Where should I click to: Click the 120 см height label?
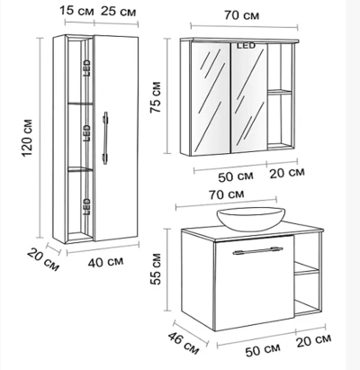pyautogui.click(x=27, y=138)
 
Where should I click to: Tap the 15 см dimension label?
pyautogui.click(x=76, y=11)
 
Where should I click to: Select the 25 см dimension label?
pyautogui.click(x=118, y=12)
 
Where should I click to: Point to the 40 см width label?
pyautogui.click(x=105, y=262)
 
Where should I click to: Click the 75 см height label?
pyautogui.click(x=156, y=97)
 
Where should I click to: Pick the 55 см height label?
pyautogui.click(x=156, y=269)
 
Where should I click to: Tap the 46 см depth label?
pyautogui.click(x=184, y=343)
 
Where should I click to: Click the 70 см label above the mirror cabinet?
pyautogui.click(x=242, y=15)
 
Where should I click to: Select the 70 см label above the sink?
pyautogui.click(x=227, y=194)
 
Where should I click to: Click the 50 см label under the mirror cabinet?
pyautogui.click(x=236, y=176)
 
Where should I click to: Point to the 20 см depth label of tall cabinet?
pyautogui.click(x=43, y=260)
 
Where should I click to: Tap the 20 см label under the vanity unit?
pyautogui.click(x=314, y=340)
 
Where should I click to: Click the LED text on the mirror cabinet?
pyautogui.click(x=246, y=46)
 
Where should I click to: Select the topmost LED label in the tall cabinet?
pyautogui.click(x=86, y=68)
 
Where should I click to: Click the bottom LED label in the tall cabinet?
pyautogui.click(x=86, y=206)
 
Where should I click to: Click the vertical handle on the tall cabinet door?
pyautogui.click(x=105, y=138)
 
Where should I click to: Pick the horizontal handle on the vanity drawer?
pyautogui.click(x=257, y=251)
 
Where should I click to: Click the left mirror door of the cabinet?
pyautogui.click(x=211, y=99)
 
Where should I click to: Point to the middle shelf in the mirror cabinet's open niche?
pyautogui.click(x=280, y=92)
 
